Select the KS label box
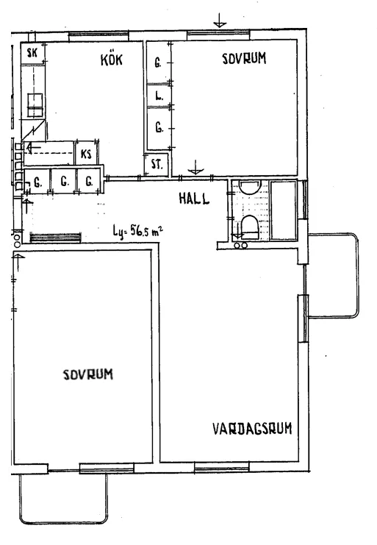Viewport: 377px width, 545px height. tap(86, 154)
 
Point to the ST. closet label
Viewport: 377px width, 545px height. tap(157, 165)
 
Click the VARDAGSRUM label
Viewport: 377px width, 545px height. tap(252, 429)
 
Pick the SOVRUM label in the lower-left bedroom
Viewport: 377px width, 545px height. tap(87, 374)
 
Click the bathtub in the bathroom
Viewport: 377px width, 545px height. tap(283, 210)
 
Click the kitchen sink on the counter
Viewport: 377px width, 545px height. tap(35, 105)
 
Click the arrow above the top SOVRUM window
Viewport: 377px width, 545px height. tap(219, 20)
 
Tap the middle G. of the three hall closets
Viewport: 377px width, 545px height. tap(64, 180)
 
